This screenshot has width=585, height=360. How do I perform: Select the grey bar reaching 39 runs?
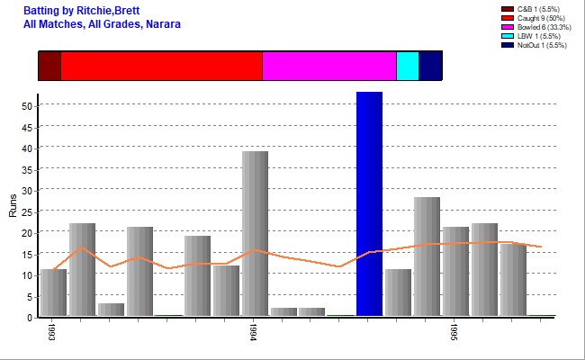pyautogui.click(x=255, y=233)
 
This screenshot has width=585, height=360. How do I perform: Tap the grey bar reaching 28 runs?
pyautogui.click(x=427, y=256)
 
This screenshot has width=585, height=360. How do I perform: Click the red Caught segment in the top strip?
pyautogui.click(x=161, y=67)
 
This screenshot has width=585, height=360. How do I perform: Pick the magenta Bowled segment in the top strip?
pyautogui.click(x=328, y=67)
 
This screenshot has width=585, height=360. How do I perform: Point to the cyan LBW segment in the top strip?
pyautogui.click(x=407, y=67)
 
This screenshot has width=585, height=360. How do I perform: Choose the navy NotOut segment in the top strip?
pyautogui.click(x=430, y=67)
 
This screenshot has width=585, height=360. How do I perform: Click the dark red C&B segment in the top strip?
pyautogui.click(x=49, y=67)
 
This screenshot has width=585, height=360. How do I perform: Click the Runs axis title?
pyautogui.click(x=12, y=207)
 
